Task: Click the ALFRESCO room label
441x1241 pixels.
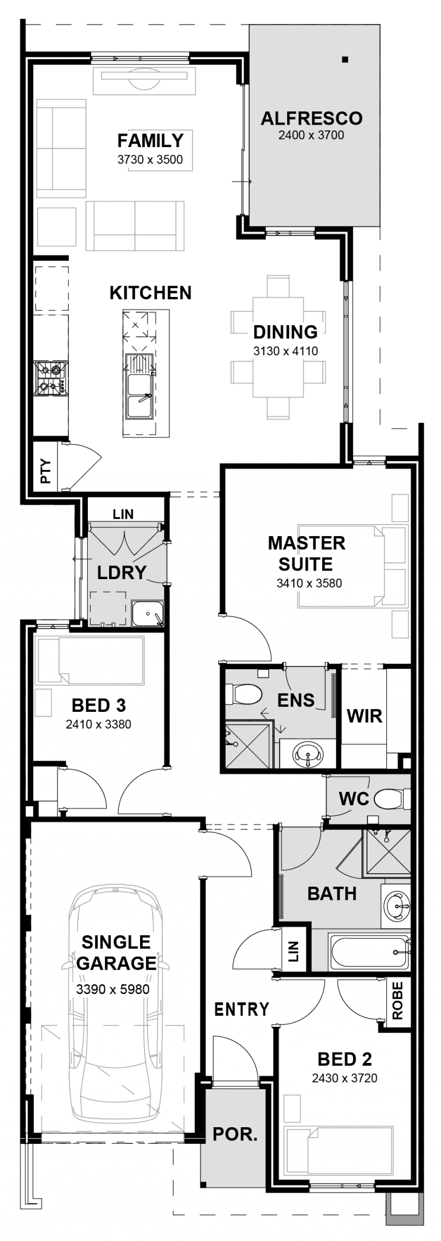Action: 311,118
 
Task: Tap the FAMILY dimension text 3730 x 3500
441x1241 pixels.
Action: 150,160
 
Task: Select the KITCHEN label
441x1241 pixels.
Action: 150,293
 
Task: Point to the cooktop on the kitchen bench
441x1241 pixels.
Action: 51,379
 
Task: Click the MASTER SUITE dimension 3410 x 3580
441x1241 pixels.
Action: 309,583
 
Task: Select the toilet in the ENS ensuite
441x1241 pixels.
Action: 243,693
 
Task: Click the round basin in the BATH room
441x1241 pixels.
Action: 397,907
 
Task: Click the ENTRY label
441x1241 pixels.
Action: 241,1009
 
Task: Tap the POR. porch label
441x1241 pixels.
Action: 235,1134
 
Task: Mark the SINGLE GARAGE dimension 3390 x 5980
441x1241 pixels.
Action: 113,989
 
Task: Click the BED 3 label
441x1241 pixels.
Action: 99,705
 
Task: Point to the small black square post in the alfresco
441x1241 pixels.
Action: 345,59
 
